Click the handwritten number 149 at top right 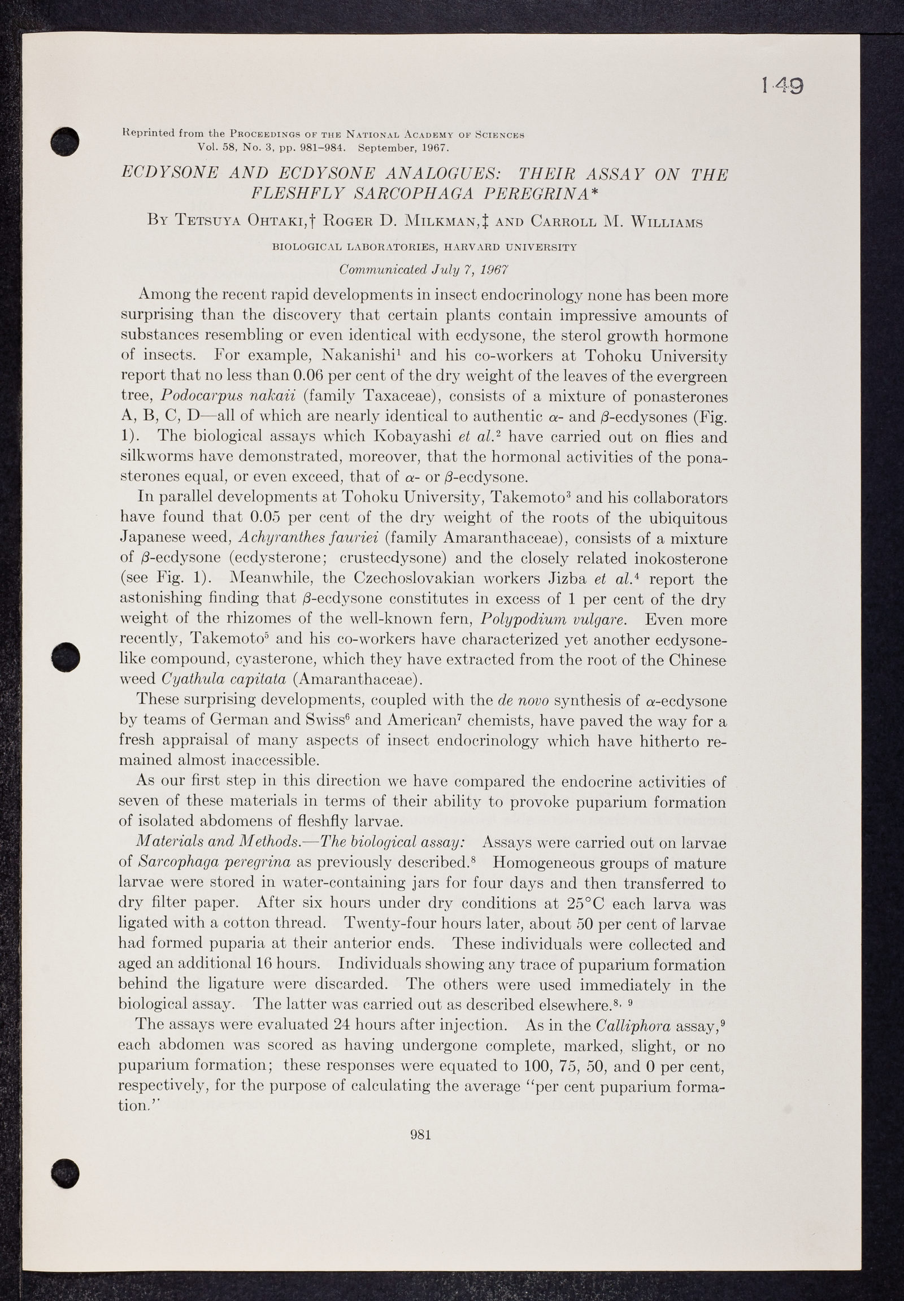pyautogui.click(x=782, y=85)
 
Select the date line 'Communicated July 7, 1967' pyautogui.click(x=424, y=269)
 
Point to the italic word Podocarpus pyautogui.click(x=203, y=397)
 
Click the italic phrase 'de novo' pyautogui.click(x=522, y=700)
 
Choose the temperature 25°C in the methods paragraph pyautogui.click(x=592, y=903)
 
